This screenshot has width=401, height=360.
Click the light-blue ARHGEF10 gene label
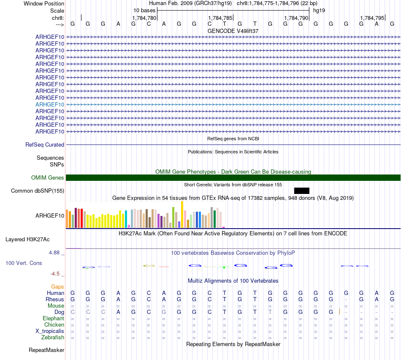tap(50, 104)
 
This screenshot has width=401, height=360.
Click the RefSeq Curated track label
tap(45, 145)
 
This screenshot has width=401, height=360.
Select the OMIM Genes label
tap(48, 178)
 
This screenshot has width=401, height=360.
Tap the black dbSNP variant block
tap(302, 191)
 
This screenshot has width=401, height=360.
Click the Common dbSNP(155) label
tap(38, 191)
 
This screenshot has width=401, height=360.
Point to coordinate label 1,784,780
tap(144, 18)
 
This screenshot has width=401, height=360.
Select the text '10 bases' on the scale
tap(144, 10)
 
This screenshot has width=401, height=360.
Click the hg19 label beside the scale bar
tap(319, 10)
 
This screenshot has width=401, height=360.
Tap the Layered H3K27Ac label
tap(27, 240)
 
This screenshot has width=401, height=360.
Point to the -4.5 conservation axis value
tap(57, 274)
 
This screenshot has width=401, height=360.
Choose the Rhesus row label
tap(55, 299)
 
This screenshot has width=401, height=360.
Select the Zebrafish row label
tap(53, 337)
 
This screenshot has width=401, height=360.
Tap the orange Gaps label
tap(57, 286)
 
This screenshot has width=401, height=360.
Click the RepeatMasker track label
tap(46, 350)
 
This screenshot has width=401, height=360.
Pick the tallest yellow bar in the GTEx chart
tap(182, 214)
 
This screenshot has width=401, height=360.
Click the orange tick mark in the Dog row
tap(339, 312)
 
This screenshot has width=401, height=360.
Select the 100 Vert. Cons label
tap(24, 263)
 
